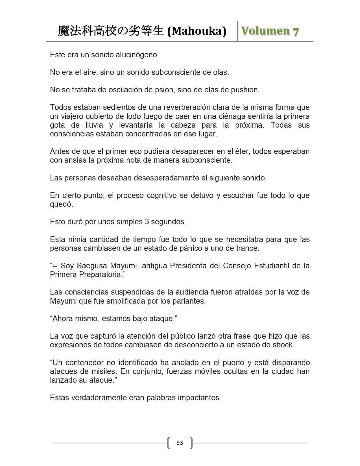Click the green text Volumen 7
(x=270, y=31)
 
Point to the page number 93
(x=180, y=443)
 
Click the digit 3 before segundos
(x=147, y=222)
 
